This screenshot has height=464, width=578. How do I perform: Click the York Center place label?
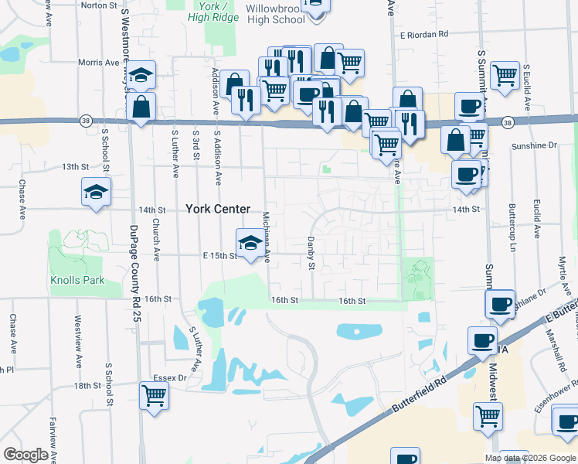(218, 209)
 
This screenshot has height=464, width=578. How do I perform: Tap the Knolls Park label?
(77, 280)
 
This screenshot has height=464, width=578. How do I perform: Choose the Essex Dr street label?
(171, 378)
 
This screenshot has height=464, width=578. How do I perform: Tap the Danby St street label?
(312, 254)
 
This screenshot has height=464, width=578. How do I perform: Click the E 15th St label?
(218, 255)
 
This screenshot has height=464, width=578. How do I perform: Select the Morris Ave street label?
(98, 63)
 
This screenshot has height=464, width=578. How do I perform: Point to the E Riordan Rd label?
(424, 34)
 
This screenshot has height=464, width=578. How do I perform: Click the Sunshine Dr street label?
(533, 145)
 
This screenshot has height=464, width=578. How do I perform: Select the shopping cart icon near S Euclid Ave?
(505, 76)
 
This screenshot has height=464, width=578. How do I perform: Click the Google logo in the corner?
(25, 455)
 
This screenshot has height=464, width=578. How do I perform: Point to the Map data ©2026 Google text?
(529, 458)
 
